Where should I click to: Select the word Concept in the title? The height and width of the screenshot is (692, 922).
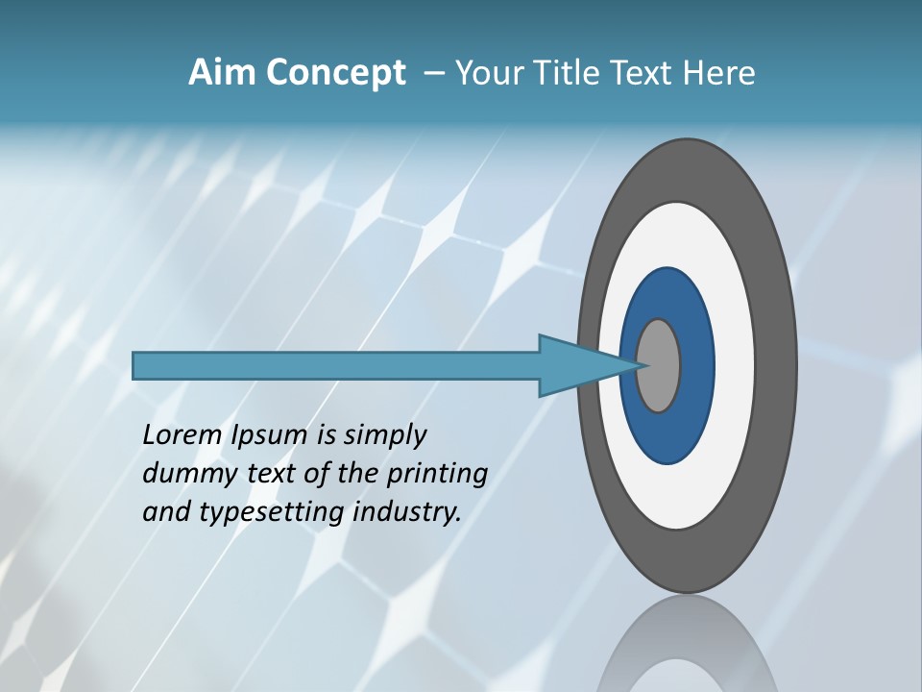335,74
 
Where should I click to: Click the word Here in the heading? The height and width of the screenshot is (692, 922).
720,73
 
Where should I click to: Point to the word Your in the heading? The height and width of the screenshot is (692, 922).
491,73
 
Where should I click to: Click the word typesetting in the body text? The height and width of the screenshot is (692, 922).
273,512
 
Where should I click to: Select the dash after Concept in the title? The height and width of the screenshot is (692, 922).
434,74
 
